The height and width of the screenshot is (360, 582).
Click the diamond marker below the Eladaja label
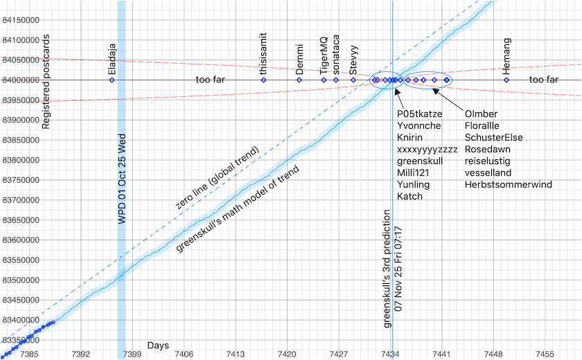(112, 80)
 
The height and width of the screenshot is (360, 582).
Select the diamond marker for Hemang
(506, 80)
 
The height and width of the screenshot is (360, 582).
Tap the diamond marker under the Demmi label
(299, 80)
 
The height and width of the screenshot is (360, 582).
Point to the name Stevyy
(354, 62)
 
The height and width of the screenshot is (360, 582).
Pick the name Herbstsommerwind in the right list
(509, 184)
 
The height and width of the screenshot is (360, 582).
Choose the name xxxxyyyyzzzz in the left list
(427, 149)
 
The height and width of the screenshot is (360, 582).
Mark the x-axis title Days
(158, 345)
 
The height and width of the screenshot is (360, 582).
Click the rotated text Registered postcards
(46, 82)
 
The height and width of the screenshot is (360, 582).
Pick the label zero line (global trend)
(217, 178)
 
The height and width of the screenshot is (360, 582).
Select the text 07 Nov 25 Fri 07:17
(398, 267)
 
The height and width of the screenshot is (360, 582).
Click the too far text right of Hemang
(544, 80)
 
